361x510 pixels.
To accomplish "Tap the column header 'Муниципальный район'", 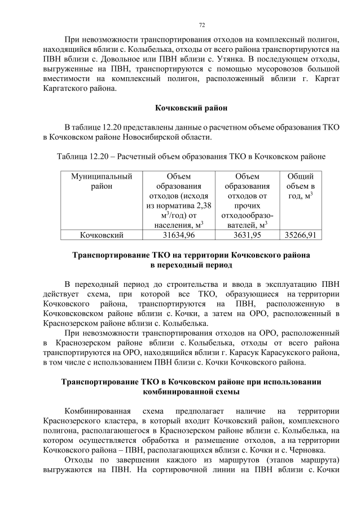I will point(102,181).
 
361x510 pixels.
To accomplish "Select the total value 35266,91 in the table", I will point(300,234).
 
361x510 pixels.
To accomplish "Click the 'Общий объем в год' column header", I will point(300,186).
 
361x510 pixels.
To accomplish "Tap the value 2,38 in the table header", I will point(204,206).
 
